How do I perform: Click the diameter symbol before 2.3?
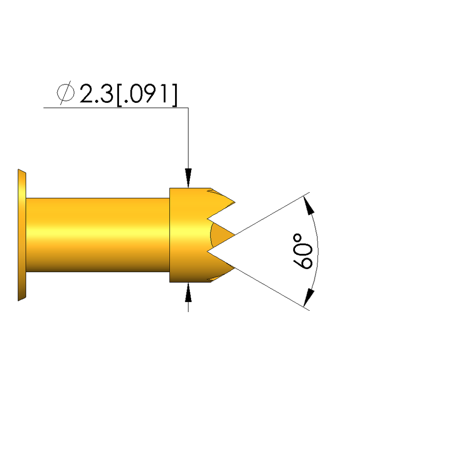(x=65, y=93)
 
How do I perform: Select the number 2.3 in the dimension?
(x=96, y=94)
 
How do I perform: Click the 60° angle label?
(x=302, y=251)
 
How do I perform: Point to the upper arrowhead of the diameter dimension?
(x=188, y=178)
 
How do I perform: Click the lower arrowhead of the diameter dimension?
(x=188, y=292)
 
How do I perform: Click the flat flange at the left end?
(x=22, y=235)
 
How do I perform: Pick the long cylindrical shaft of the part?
(x=97, y=235)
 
